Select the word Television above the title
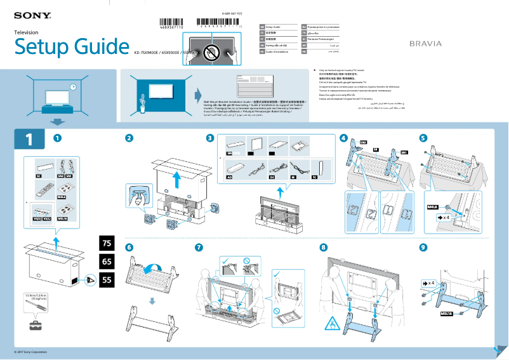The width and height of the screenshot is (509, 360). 26,32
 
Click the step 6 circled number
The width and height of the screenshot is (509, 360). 129,248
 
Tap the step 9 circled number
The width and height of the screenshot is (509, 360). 423,248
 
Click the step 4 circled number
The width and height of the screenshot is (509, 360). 343,138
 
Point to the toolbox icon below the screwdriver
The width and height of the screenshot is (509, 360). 36,326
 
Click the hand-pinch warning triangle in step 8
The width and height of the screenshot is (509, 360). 331,325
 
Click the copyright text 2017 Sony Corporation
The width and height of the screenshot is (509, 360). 31,352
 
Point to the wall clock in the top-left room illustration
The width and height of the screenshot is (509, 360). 73,87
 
